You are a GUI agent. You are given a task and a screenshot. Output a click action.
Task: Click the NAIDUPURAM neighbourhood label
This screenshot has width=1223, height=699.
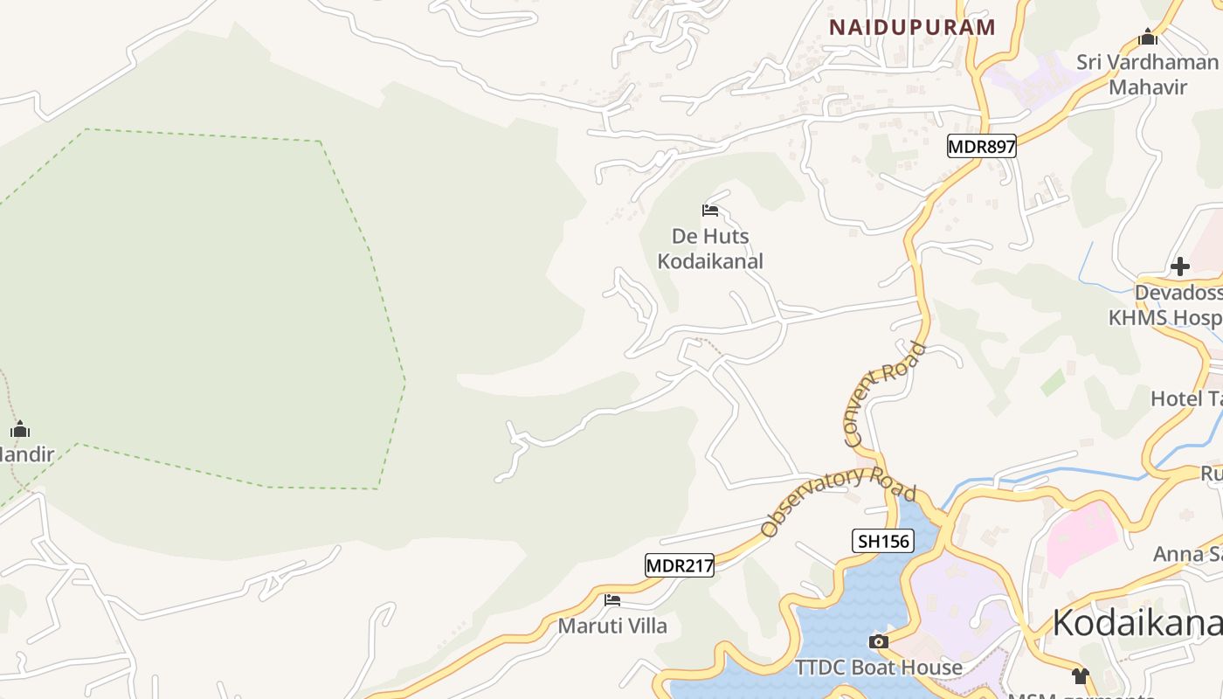coord(912,27)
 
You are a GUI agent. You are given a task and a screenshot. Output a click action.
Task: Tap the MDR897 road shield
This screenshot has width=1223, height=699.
coord(982,146)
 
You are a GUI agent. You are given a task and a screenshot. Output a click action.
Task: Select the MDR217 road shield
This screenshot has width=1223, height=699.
coord(680,565)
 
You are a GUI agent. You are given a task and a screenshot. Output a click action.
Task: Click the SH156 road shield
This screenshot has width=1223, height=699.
coord(883,541)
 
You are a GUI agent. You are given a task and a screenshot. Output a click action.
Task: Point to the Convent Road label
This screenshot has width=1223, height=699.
coord(883,395)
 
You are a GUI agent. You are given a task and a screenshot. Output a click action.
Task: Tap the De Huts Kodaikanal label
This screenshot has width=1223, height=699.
coord(710,249)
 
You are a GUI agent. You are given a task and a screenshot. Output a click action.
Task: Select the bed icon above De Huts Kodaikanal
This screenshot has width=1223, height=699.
coord(710,211)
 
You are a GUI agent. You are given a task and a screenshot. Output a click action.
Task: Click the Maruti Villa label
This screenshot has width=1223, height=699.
coord(612,626)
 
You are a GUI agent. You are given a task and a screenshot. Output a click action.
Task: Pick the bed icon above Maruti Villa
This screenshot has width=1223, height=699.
coord(612,600)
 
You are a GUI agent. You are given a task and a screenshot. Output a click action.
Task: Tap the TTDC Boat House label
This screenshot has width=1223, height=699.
coord(879,668)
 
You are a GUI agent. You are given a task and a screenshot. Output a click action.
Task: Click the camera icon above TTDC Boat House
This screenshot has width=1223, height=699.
coord(879,642)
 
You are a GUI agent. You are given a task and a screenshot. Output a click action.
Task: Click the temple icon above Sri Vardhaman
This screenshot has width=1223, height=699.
coord(1148,38)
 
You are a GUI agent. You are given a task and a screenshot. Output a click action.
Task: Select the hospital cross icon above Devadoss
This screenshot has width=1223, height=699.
coord(1180,266)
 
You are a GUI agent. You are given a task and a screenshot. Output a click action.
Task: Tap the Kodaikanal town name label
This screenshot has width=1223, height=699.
coord(1137,623)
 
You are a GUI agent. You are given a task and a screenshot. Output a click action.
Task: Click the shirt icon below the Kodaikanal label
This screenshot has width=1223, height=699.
coord(1081,675)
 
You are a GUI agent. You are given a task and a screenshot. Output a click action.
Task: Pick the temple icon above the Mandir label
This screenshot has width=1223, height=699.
coord(20,429)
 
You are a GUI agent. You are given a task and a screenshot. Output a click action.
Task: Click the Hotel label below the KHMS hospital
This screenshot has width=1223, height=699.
coord(1185,399)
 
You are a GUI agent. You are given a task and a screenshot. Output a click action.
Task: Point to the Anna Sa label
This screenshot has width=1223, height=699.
coord(1187,554)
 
